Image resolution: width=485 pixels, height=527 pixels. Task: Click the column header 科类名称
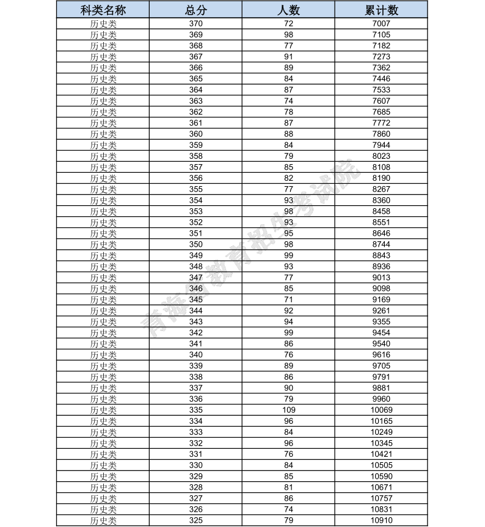pos(103,10)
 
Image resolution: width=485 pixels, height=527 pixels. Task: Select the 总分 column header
pos(195,10)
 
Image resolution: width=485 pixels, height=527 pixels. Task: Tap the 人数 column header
pos(288,10)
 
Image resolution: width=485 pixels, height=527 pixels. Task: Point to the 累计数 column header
pos(381,10)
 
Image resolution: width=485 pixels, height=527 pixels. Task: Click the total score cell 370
pos(195,24)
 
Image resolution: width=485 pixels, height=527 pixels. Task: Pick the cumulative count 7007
pos(381,24)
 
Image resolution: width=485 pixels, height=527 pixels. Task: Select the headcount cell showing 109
pos(288,410)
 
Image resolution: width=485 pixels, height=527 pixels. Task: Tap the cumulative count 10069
pos(381,410)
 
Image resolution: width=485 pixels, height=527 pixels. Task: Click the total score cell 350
pos(195,244)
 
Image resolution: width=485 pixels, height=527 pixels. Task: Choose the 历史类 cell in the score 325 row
pos(103,520)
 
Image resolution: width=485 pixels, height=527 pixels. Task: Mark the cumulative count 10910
pos(381,520)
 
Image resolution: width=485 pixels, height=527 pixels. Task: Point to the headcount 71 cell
pos(288,299)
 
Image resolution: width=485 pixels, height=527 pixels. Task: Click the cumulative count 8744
pos(381,244)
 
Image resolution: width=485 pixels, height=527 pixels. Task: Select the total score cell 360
pos(195,134)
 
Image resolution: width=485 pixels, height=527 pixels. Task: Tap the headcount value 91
pos(288,57)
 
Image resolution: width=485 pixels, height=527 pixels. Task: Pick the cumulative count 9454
pos(381,333)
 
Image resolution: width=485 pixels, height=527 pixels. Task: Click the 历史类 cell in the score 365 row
pos(103,79)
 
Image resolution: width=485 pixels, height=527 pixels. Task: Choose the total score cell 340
pos(195,355)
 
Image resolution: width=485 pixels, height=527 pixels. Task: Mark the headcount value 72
pos(288,24)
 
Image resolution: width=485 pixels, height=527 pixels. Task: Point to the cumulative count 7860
pos(381,134)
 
